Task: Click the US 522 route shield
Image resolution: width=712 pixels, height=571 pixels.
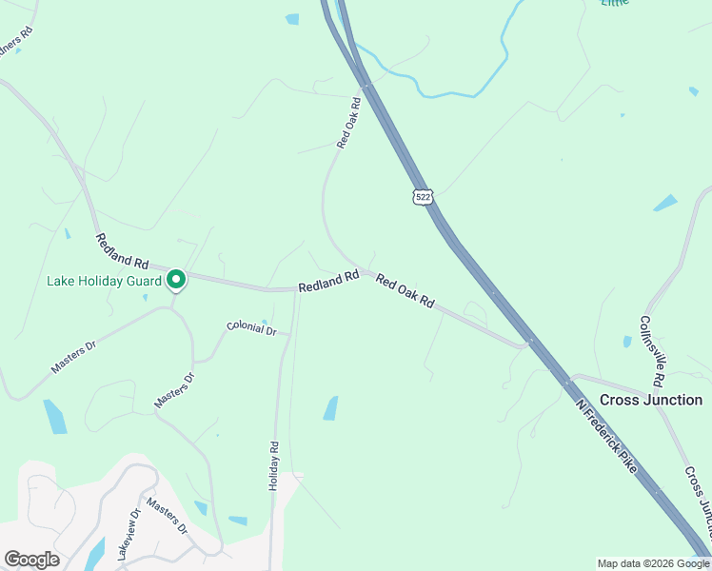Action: click(x=424, y=196)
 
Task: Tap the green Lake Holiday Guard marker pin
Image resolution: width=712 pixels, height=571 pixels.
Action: click(x=176, y=280)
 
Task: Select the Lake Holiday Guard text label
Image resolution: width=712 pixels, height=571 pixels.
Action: click(x=104, y=281)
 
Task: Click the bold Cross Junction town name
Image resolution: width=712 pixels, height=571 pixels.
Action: click(x=651, y=400)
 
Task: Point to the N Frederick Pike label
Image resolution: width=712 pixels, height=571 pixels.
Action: click(x=605, y=435)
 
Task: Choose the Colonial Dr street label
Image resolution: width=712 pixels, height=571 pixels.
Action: click(x=251, y=329)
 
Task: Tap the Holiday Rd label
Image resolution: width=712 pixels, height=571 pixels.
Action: click(x=274, y=464)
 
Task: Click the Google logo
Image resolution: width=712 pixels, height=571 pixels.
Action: click(x=31, y=560)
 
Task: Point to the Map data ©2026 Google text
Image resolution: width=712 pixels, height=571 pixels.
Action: click(x=653, y=563)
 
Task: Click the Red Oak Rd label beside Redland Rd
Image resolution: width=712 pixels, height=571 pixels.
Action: click(x=405, y=290)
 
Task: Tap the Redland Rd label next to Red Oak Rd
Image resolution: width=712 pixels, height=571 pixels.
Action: click(x=327, y=281)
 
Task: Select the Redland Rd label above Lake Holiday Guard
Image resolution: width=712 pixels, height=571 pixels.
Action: click(x=123, y=249)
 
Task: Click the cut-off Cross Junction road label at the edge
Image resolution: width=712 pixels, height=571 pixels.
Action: click(x=698, y=491)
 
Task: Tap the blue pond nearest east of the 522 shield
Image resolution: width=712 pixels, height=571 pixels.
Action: click(x=665, y=203)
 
